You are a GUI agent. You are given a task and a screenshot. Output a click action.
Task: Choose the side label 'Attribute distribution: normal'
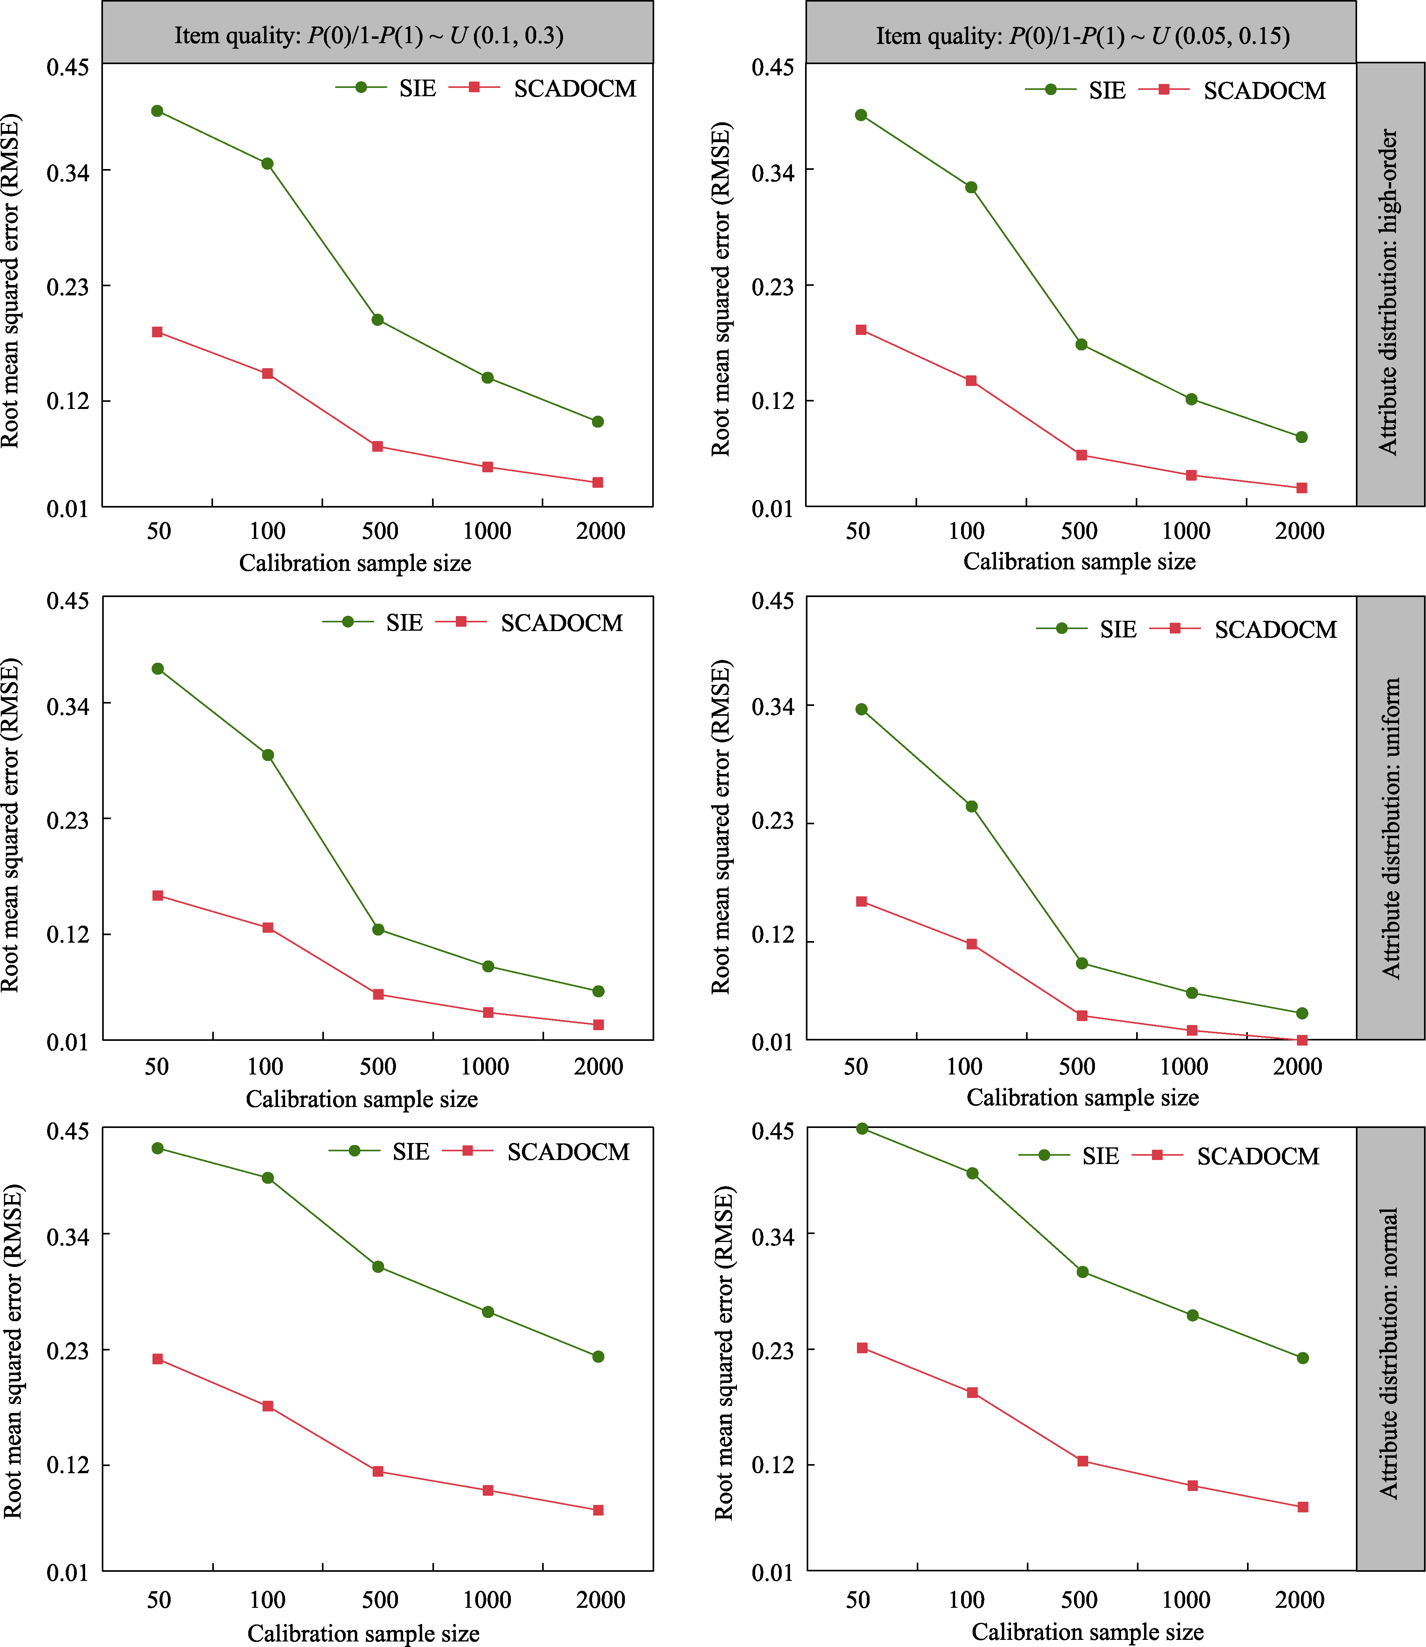click(x=1390, y=1352)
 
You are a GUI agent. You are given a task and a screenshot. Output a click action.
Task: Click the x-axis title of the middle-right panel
click(x=1082, y=1098)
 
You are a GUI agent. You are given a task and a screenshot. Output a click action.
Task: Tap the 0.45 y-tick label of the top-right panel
click(x=773, y=68)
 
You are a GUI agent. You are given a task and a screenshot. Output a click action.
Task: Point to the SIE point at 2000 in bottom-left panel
click(x=598, y=1356)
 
